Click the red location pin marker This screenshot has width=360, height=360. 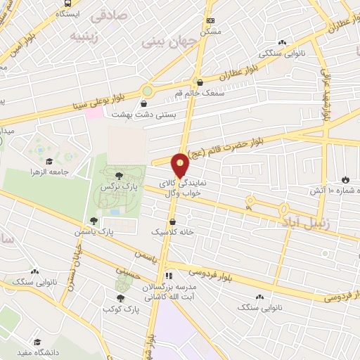pos(181,165)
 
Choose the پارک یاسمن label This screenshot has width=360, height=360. pos(96,231)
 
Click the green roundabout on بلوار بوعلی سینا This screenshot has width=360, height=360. pos(147,91)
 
